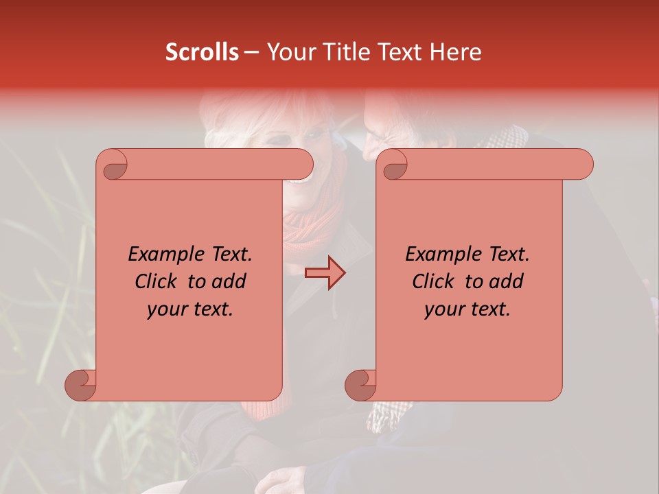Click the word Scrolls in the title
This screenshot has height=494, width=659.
(x=202, y=52)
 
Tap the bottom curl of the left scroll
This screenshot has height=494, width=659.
(x=81, y=384)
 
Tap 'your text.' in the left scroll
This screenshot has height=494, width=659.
(x=190, y=309)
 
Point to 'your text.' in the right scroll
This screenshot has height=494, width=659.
(x=467, y=309)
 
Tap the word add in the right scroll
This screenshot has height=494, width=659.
(x=507, y=281)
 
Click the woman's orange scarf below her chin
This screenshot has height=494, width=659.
(x=309, y=226)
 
